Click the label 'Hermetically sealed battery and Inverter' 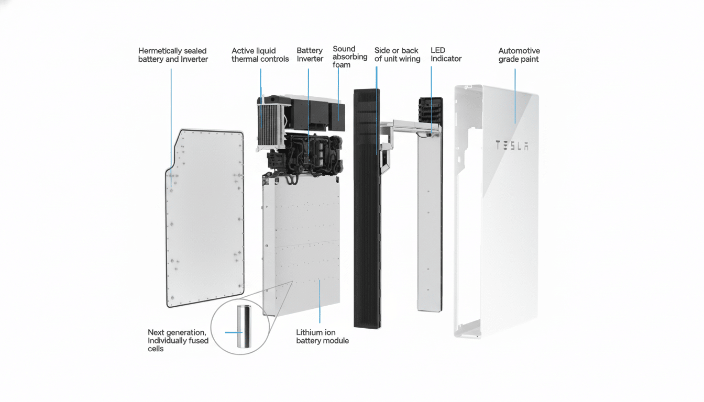coord(173,55)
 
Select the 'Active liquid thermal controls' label coord(260,55)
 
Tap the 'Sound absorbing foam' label coord(349,57)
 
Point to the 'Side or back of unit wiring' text coord(397,55)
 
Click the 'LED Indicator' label coord(446,55)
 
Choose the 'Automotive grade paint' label coord(519,55)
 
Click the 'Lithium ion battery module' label coord(322,337)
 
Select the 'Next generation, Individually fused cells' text coord(178,340)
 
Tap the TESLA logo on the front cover coord(512,146)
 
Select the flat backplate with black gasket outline coord(204,220)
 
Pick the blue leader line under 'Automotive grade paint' coord(515,94)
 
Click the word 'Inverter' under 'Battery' coord(310,59)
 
